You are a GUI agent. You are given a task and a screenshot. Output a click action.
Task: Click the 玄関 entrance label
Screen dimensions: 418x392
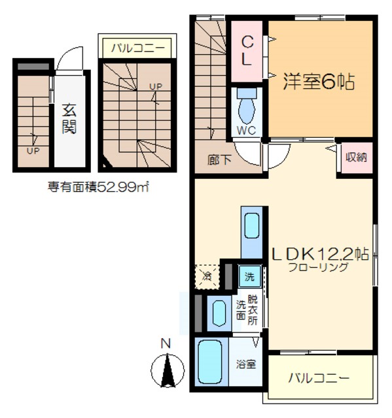tap(69, 118)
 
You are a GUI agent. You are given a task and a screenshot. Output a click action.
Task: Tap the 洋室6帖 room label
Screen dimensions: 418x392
tap(319, 83)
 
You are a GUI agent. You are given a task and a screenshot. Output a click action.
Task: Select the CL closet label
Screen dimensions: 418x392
tap(247, 50)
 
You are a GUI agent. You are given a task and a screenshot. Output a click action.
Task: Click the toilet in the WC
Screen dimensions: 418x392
tap(247, 104)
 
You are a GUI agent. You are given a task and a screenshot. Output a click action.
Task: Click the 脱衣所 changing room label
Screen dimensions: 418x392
tap(253, 312)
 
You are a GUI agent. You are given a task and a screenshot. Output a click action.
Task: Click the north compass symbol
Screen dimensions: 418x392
tap(166, 368)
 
